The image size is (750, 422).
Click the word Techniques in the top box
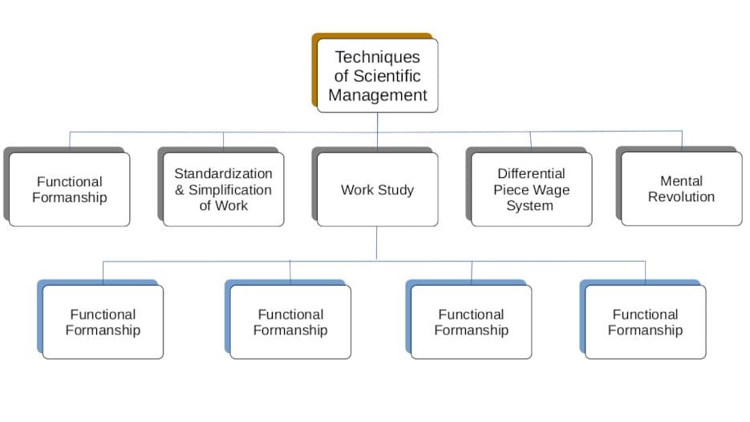[x=377, y=58]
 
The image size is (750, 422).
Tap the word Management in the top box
[x=377, y=95]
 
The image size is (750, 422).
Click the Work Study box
[x=377, y=190]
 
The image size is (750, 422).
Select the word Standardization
[x=223, y=174]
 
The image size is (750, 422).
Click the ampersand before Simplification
[x=180, y=190]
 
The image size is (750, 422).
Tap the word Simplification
[x=230, y=190]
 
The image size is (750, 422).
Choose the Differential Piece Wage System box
[x=530, y=189]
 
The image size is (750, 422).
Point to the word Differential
[x=530, y=174]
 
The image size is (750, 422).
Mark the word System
[x=529, y=205]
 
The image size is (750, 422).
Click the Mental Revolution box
[x=681, y=189]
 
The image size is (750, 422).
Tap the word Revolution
[x=681, y=197]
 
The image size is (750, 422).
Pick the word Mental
[x=681, y=181]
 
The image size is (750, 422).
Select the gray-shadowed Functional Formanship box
[x=69, y=189]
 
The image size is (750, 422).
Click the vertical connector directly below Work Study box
[x=377, y=242]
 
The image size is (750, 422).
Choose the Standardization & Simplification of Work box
[x=223, y=190]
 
